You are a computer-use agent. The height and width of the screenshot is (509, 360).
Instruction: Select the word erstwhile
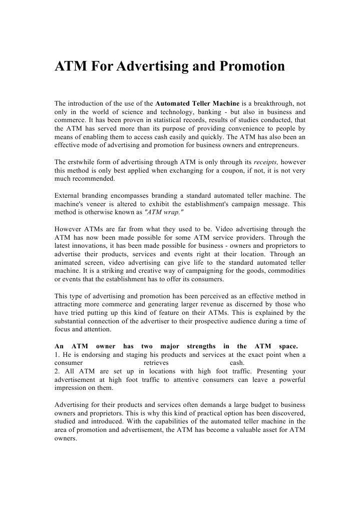click(x=83, y=162)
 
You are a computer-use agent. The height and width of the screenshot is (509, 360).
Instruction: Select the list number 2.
click(x=56, y=371)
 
